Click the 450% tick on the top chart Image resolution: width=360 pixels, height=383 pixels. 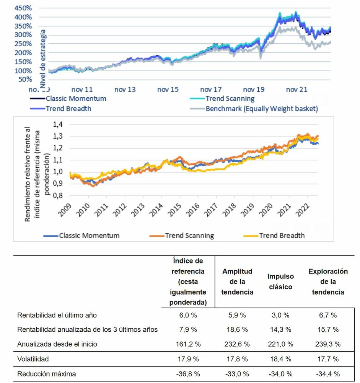click(23, 8)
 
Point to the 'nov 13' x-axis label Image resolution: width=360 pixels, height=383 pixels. click(125, 90)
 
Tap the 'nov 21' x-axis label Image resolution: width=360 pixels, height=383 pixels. click(296, 90)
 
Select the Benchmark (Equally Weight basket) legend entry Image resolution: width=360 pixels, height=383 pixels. click(261, 108)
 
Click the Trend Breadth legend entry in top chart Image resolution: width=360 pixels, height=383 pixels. click(68, 108)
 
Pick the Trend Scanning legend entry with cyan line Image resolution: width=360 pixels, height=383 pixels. click(230, 98)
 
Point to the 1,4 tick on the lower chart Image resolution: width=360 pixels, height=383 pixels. click(58, 124)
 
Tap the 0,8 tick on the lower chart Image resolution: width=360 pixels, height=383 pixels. click(58, 195)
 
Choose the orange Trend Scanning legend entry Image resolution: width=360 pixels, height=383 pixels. click(189, 235)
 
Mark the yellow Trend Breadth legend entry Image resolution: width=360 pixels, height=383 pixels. click(282, 235)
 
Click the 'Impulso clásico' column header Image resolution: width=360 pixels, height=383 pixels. click(280, 282)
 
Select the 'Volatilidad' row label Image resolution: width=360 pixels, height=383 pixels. click(33, 359)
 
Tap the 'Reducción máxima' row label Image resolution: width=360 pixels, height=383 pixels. click(47, 373)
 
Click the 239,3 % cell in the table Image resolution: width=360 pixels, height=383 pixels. click(327, 344)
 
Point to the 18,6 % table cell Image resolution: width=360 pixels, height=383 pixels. click(237, 329)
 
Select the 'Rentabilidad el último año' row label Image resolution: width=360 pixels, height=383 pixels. click(57, 315)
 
